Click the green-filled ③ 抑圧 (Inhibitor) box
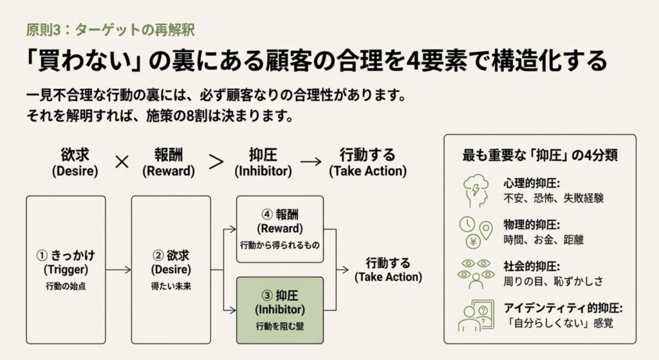click(x=280, y=310)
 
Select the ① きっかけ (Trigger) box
click(x=66, y=270)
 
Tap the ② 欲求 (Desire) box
click(x=171, y=270)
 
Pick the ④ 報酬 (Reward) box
click(x=280, y=229)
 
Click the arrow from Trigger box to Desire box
click(x=118, y=270)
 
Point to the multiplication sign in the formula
click(x=122, y=162)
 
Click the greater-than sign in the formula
click(x=216, y=162)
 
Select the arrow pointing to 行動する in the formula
click(x=311, y=162)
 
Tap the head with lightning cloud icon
click(x=476, y=191)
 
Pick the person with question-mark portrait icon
click(x=476, y=316)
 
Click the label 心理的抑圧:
click(x=532, y=184)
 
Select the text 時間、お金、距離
click(x=544, y=240)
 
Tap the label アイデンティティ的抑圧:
click(x=563, y=308)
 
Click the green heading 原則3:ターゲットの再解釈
click(x=110, y=30)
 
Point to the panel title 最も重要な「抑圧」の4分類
click(x=540, y=155)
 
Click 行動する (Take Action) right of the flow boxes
click(x=388, y=270)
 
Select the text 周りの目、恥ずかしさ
click(x=553, y=281)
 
